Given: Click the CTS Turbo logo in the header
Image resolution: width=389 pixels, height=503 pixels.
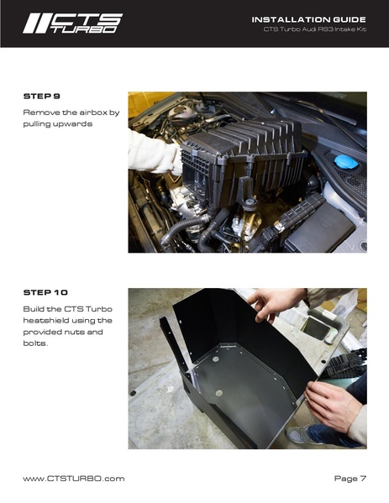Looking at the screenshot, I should [72, 24].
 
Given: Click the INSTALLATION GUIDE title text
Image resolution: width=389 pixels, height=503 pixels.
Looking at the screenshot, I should [308, 18].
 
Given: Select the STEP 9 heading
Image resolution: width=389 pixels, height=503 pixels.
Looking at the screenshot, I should [41, 97].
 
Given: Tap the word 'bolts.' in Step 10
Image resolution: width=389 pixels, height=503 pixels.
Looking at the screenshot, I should [35, 343].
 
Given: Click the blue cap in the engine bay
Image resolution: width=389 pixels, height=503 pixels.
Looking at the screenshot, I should [345, 161].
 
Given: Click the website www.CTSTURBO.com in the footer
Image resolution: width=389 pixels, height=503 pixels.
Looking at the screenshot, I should [73, 478].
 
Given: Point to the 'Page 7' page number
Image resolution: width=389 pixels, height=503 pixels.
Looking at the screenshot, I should [350, 478].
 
